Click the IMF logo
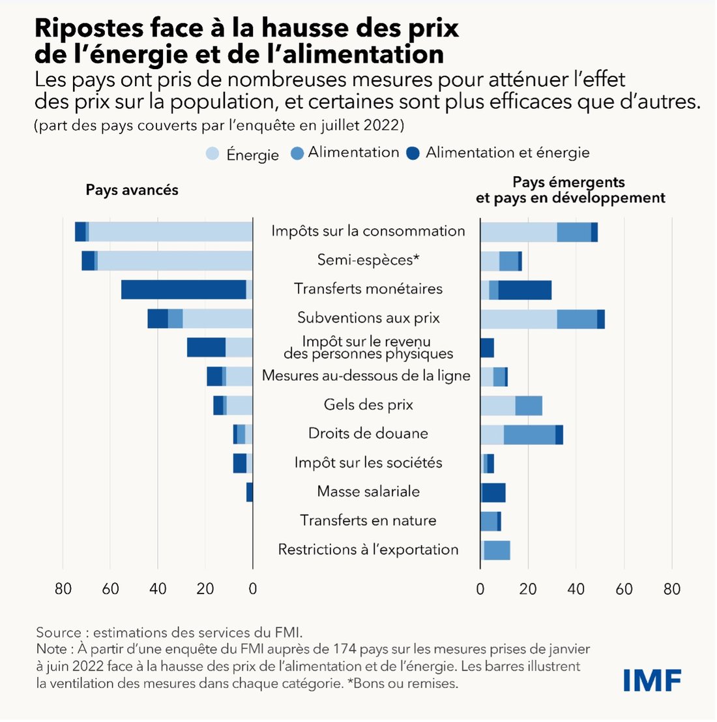[652, 680]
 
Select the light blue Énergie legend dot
[212, 155]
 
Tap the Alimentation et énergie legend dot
[412, 154]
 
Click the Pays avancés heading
[132, 190]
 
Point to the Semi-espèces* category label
[368, 260]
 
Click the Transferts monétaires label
[368, 288]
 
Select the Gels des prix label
[368, 404]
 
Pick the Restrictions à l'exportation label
[368, 549]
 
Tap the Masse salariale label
[368, 491]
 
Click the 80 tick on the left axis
[63, 589]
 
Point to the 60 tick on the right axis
[624, 589]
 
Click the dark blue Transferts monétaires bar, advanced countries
[184, 289]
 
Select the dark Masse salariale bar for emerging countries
[493, 492]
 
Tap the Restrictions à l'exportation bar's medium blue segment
[497, 550]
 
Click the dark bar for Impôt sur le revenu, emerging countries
[487, 348]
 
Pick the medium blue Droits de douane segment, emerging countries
[529, 434]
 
